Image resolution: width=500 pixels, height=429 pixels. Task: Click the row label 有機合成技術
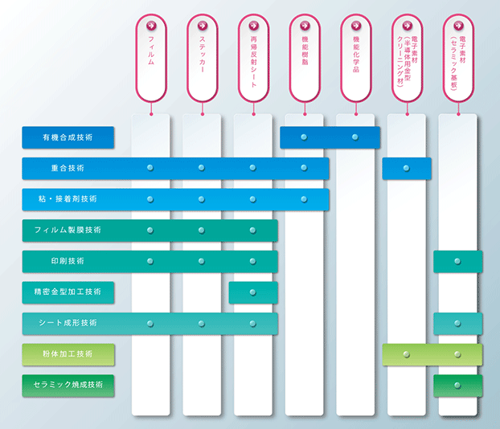pyautogui.click(x=68, y=137)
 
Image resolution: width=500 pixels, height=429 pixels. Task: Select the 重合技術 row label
pyautogui.click(x=68, y=168)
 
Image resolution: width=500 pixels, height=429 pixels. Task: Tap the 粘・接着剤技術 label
pyautogui.click(x=68, y=199)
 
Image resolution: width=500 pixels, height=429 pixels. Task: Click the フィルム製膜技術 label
pyautogui.click(x=68, y=230)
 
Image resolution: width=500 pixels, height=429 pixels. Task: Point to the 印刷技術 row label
pyautogui.click(x=68, y=261)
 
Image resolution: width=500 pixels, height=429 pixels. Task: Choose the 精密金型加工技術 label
pyautogui.click(x=68, y=292)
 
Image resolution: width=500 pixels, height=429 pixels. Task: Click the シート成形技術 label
pyautogui.click(x=68, y=323)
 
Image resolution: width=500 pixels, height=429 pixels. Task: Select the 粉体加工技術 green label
pyautogui.click(x=68, y=353)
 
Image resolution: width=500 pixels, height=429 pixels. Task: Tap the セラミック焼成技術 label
pyautogui.click(x=68, y=385)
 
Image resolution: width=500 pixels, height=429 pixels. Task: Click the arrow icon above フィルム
pyautogui.click(x=151, y=26)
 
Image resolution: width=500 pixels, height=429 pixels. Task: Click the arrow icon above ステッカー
pyautogui.click(x=203, y=26)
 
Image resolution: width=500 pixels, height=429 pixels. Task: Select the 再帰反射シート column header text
pyautogui.click(x=253, y=62)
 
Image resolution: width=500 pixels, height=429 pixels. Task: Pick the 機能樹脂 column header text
pyautogui.click(x=305, y=51)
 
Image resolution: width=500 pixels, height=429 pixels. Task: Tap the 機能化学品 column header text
pyautogui.click(x=356, y=54)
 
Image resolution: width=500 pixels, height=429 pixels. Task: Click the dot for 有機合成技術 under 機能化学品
pyautogui.click(x=355, y=137)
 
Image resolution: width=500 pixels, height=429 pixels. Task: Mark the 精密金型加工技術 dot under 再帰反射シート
pyautogui.click(x=253, y=292)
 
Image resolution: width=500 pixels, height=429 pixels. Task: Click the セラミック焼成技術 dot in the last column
pyautogui.click(x=457, y=386)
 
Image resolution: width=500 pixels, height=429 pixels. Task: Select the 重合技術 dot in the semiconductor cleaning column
pyautogui.click(x=406, y=168)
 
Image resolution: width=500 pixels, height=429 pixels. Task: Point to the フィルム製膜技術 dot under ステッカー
pyautogui.click(x=202, y=230)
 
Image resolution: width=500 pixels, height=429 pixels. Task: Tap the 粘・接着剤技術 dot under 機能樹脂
pyautogui.click(x=304, y=199)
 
